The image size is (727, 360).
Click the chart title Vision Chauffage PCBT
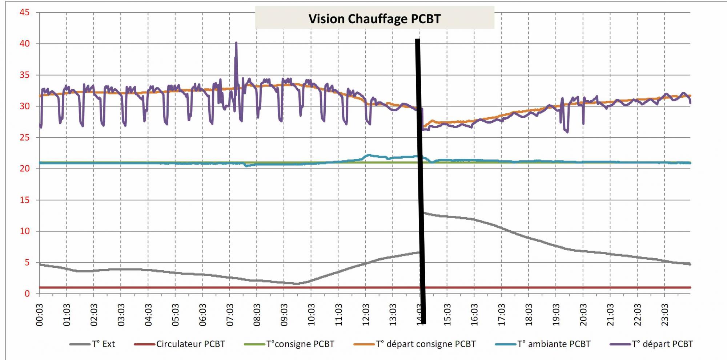pos(374,19)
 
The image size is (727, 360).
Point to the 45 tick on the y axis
pos(25,12)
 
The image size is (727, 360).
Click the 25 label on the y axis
pos(25,137)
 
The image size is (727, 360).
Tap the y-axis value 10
pos(25,231)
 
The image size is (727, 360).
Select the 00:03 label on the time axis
pos(40,315)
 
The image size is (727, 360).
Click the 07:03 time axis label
pos(230,315)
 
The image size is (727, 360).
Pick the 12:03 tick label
pos(366,315)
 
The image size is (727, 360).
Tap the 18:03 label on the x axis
pos(529,315)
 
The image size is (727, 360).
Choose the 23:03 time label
pos(665,315)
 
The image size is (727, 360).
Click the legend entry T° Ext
pos(103,344)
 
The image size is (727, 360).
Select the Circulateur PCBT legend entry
pos(190,344)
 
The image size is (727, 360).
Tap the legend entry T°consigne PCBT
pos(300,344)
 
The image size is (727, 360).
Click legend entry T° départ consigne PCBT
pos(425,344)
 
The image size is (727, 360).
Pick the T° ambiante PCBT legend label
pos(554,344)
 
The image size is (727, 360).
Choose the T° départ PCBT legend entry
pos(662,344)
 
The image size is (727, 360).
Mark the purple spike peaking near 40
pos(236,45)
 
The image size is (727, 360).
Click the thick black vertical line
pos(420,182)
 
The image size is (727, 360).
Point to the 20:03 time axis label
pos(583,315)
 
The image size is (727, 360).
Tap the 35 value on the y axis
pos(25,75)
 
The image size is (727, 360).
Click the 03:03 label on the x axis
pos(121,315)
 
